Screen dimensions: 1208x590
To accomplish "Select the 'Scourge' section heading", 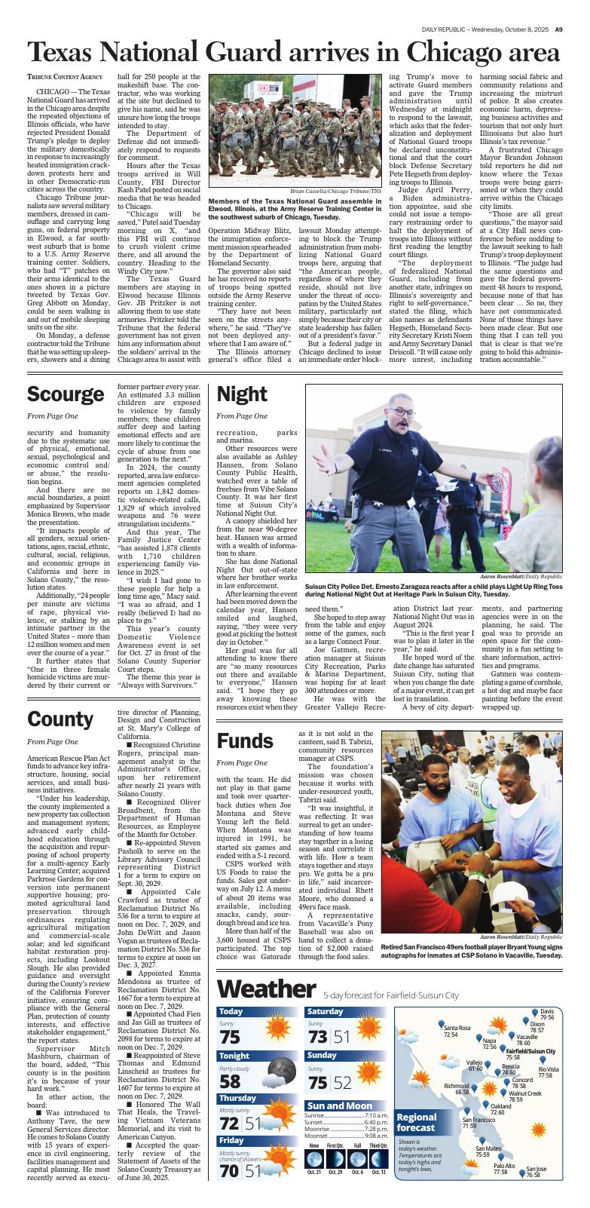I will pos(66,394).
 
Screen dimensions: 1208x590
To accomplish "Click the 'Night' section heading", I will pos(242,394).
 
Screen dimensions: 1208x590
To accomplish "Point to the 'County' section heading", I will pos(60,719).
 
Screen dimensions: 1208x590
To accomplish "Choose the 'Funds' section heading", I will pos(245,741).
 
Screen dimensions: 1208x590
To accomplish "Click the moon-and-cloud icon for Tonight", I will pos(281,1074).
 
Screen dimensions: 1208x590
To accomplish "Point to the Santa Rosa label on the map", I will pos(457,1029).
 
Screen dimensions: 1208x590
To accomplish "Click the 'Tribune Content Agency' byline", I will pos(65,77).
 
